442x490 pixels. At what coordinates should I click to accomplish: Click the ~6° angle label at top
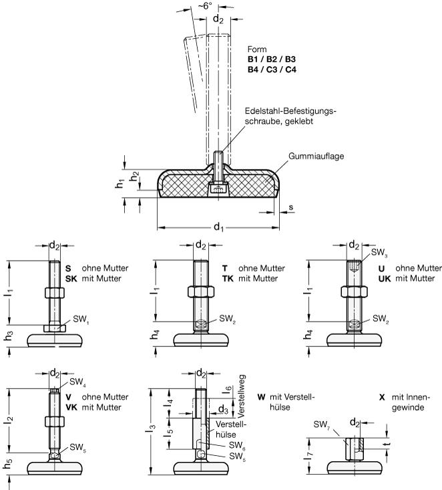(205, 5)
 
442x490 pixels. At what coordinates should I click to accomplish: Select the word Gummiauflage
(316, 156)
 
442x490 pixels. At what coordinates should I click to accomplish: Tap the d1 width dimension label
(219, 227)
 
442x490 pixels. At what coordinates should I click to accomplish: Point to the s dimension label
(291, 207)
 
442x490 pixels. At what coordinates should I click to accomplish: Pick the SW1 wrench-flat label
(81, 320)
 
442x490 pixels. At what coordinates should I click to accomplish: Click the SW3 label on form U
(379, 253)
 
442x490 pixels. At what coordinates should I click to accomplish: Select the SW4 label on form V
(77, 382)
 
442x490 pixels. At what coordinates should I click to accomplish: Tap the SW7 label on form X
(322, 424)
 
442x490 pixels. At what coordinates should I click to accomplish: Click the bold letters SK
(71, 279)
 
